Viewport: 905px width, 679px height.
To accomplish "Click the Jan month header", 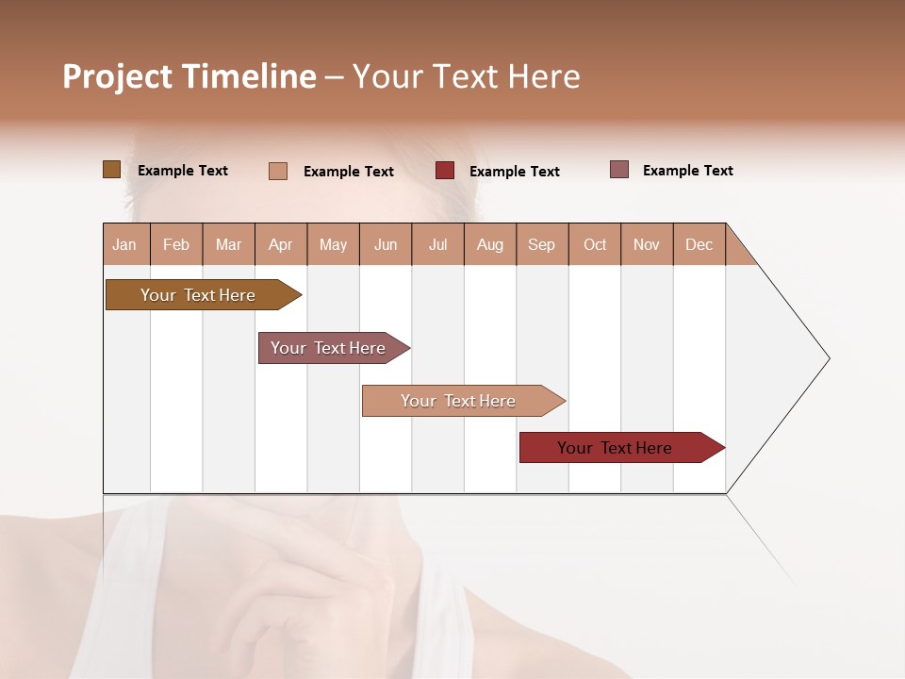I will pyautogui.click(x=124, y=245).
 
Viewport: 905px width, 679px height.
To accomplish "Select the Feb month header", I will pyautogui.click(x=176, y=245).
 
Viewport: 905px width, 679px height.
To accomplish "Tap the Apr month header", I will pyautogui.click(x=280, y=245).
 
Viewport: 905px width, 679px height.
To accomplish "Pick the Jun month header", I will pyautogui.click(x=386, y=245).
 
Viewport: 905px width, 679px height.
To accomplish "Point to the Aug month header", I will pyautogui.click(x=489, y=245).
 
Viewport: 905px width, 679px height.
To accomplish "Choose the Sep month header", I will pyautogui.click(x=541, y=245).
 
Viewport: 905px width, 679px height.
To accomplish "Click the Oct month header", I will pyautogui.click(x=595, y=245).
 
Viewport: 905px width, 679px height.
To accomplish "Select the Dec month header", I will pyautogui.click(x=699, y=245).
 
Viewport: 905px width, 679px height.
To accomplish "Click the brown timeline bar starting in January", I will pyautogui.click(x=198, y=295).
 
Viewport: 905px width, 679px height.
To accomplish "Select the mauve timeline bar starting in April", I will pyautogui.click(x=328, y=348).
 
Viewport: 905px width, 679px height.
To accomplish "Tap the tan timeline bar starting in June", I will pyautogui.click(x=458, y=401).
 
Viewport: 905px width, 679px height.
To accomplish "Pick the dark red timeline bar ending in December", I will pyautogui.click(x=615, y=448).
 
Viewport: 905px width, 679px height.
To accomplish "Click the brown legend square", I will pyautogui.click(x=111, y=170).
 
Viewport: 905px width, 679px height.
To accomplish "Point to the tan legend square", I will pyautogui.click(x=278, y=171).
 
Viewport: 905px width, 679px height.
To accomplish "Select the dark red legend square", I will pyautogui.click(x=445, y=171).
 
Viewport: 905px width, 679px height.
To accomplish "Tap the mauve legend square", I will pyautogui.click(x=619, y=170).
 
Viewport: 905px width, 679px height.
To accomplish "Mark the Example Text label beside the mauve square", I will pyautogui.click(x=687, y=171).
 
